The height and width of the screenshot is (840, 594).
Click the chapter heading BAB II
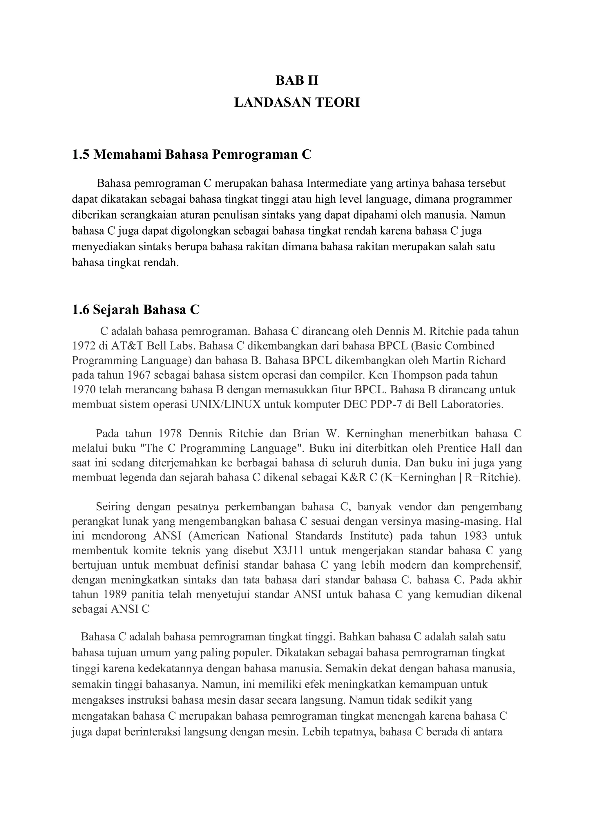pyautogui.click(x=297, y=80)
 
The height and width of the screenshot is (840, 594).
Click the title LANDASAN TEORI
pyautogui.click(x=297, y=103)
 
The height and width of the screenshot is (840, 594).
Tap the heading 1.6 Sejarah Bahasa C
pyautogui.click(x=136, y=310)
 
